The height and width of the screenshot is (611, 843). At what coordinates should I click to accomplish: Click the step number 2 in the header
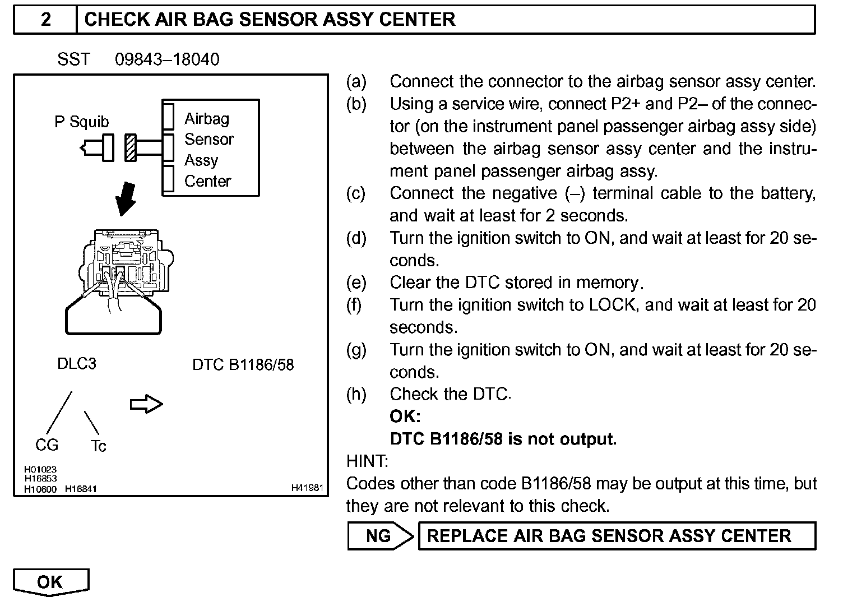[45, 20]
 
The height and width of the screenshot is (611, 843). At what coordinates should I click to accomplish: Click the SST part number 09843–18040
[167, 59]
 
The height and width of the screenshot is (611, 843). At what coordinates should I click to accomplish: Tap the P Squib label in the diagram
[82, 122]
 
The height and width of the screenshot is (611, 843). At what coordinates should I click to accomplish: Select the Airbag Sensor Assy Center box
[211, 148]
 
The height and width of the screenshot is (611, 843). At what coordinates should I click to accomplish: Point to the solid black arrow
[126, 199]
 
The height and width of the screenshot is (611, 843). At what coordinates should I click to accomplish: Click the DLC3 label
[77, 364]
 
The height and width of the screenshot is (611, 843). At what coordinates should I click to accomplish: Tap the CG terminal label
[47, 445]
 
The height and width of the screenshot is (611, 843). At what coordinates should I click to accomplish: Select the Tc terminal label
[98, 446]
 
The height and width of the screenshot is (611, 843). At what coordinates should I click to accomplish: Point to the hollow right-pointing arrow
[146, 404]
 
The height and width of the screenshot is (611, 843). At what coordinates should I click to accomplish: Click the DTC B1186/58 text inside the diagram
[243, 365]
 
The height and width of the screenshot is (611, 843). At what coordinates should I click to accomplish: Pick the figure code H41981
[307, 488]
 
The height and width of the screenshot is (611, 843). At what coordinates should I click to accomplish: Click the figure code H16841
[81, 489]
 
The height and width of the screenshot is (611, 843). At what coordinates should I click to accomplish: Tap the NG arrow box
[380, 536]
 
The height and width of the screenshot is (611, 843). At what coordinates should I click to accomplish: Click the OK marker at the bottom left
[50, 582]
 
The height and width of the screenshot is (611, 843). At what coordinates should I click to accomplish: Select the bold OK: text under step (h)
[405, 416]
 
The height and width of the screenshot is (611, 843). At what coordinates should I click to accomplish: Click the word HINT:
[367, 461]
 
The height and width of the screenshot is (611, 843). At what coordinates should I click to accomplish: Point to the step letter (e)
[356, 283]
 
